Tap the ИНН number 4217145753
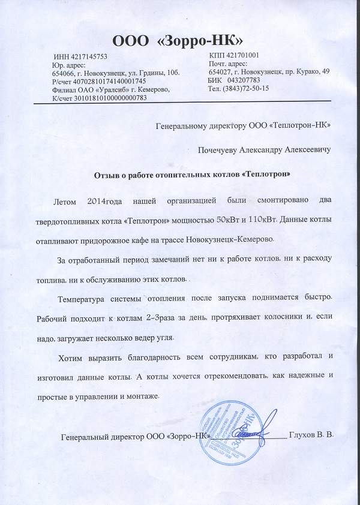(89, 56)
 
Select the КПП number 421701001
(239, 55)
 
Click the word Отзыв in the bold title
(106, 175)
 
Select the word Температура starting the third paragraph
(85, 298)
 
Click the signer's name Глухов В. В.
(310, 434)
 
